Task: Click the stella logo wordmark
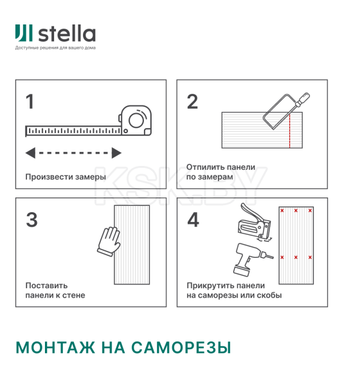point(67,33)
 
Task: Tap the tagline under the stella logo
point(55,48)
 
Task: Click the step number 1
point(30,102)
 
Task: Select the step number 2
point(192,102)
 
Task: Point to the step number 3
point(32,220)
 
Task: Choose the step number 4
point(193,220)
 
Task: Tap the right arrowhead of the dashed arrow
point(116,153)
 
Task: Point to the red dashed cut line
point(290,132)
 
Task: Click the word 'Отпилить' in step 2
point(204,167)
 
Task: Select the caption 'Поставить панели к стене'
point(55,291)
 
